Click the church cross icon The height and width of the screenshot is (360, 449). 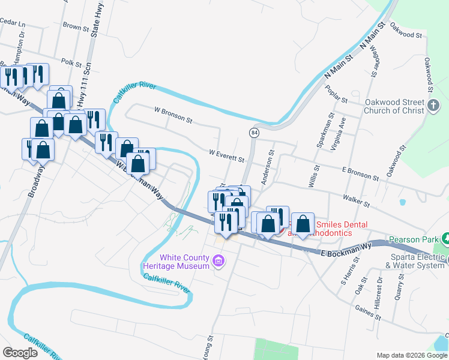pos(434,107)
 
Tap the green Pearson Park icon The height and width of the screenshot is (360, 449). pos(445,239)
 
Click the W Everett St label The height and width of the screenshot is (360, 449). pos(226,156)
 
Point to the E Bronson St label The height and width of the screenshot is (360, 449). pos(360,173)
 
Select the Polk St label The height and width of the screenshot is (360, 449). pos(71,62)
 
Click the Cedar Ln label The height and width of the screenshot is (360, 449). pos(13,23)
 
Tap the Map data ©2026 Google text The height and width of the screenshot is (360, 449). pos(412,355)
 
